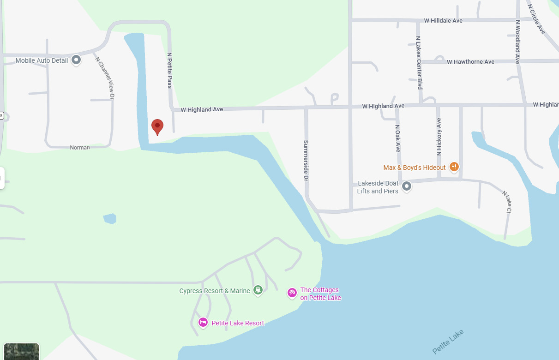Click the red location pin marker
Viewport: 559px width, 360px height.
(157, 126)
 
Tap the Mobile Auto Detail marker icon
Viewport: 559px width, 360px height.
(76, 60)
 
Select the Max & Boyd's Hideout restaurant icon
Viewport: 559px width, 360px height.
(454, 167)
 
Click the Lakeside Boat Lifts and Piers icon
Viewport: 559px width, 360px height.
(407, 186)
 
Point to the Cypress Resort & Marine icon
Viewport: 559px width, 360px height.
(258, 290)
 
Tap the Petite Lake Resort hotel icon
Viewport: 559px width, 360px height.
(203, 322)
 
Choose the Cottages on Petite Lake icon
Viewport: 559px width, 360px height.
(292, 293)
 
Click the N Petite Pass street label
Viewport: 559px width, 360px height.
(169, 70)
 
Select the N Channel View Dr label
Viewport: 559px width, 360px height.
(104, 78)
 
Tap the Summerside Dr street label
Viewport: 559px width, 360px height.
(306, 160)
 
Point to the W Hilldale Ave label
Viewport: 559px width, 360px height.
(443, 21)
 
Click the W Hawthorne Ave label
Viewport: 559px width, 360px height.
(470, 62)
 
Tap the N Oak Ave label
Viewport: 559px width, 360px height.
(397, 138)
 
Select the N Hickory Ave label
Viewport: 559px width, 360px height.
(439, 136)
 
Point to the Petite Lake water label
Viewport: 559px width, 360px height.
(448, 342)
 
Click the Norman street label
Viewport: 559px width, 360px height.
(80, 148)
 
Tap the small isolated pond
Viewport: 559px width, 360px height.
(110, 218)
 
